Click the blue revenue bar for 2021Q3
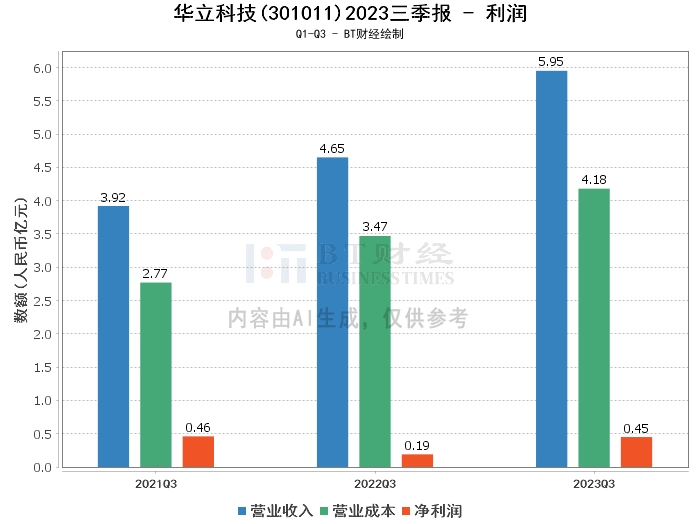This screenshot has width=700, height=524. coord(113,336)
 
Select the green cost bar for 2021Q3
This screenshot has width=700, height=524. coord(155,374)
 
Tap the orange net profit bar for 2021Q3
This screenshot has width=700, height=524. coord(198,451)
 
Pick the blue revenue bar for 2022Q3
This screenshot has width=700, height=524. coord(332,312)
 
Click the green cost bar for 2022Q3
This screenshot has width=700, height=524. coord(375,351)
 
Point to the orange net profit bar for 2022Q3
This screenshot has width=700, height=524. coord(417,460)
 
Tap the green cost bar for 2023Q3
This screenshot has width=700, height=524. coord(594,327)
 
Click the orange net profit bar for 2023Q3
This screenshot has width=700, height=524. coord(636,451)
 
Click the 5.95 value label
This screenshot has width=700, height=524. coord(551,62)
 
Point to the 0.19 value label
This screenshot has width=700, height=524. coord(417,445)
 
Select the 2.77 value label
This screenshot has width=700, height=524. coord(155,273)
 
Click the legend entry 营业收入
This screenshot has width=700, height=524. coord(275,511)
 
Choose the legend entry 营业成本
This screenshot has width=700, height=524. coord(357,511)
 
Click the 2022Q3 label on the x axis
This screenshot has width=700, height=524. coord(375,483)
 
